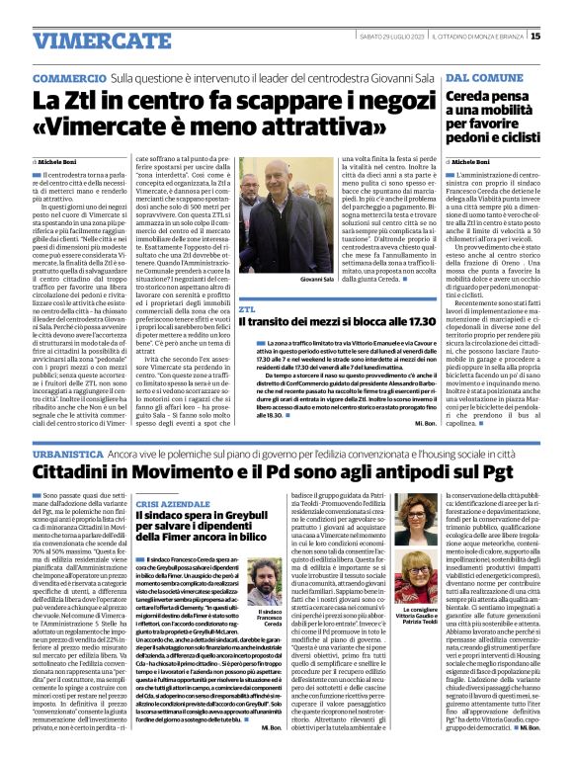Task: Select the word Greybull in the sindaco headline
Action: point(253,516)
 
